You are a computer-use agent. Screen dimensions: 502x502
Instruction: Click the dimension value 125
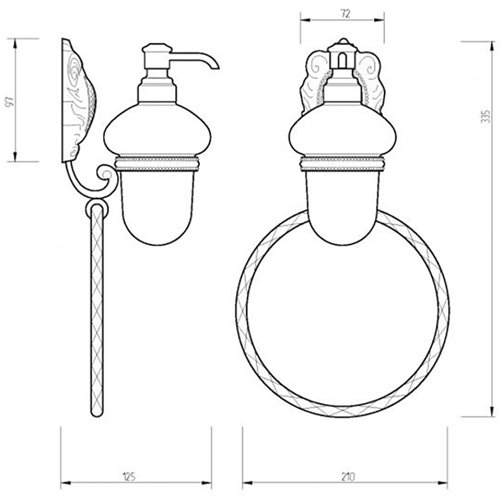129,477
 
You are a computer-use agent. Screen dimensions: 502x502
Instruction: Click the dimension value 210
348,477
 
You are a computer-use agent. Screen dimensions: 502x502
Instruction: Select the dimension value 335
485,117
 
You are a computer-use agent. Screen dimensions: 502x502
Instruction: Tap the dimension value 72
344,14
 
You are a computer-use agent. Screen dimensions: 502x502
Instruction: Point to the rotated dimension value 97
9,101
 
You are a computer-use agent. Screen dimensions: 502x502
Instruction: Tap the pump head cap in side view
157,49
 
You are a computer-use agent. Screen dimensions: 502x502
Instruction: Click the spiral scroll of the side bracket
105,174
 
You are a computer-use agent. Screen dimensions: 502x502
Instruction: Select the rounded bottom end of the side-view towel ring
97,412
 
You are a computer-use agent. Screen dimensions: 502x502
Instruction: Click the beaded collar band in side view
157,164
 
